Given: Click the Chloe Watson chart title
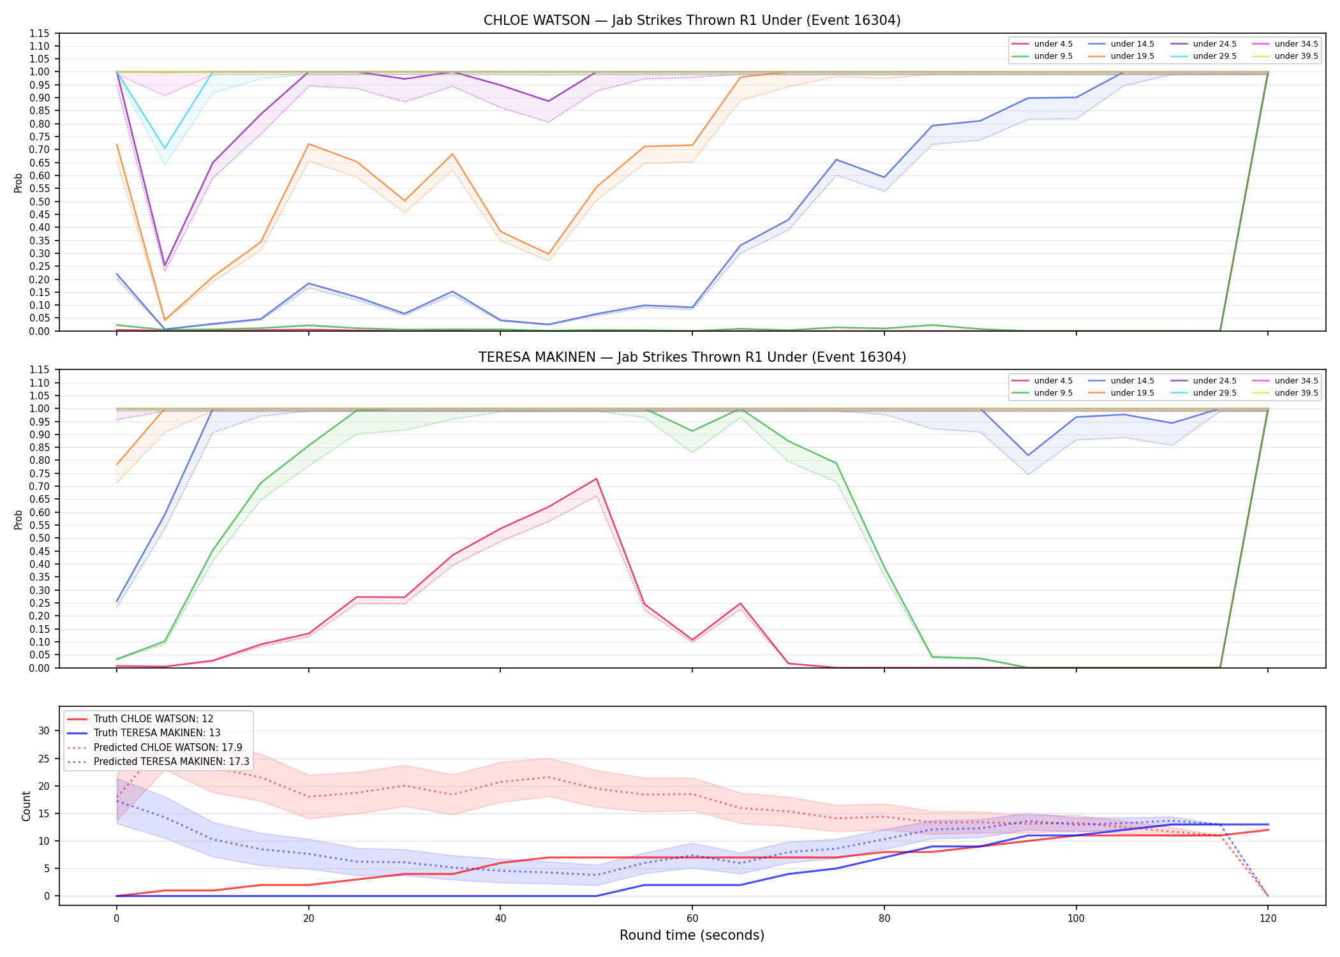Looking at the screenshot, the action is click(x=692, y=20).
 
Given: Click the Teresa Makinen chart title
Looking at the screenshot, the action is click(x=692, y=357).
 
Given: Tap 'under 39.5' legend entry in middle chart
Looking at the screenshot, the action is click(x=1285, y=393).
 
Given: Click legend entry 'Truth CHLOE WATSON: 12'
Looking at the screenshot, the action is click(x=140, y=719).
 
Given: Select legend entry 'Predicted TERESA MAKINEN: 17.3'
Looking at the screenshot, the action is click(x=159, y=762).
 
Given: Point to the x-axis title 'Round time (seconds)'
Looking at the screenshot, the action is click(x=692, y=935).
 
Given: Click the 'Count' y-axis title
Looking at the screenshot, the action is click(x=26, y=806).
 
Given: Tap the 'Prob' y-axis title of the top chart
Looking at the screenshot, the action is click(x=19, y=182).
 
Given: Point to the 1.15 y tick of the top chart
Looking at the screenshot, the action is click(x=40, y=33).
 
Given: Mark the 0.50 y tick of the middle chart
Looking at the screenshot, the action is click(x=40, y=538).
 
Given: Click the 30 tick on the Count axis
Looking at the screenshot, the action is click(x=44, y=731).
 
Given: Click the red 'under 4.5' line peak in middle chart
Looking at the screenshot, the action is click(x=596, y=478).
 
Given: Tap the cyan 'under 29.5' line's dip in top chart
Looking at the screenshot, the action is click(x=165, y=149).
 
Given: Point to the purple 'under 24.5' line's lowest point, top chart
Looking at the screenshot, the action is click(x=165, y=265).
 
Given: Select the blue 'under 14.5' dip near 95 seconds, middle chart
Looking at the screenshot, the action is click(x=1028, y=455).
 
